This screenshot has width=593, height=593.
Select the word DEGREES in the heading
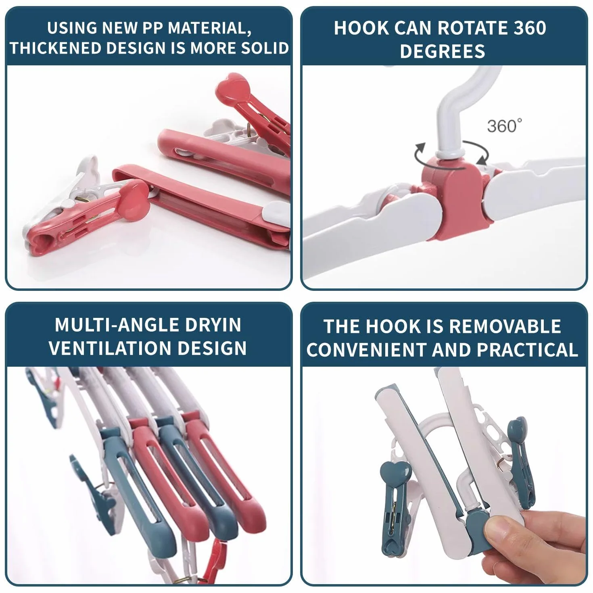pyautogui.click(x=443, y=51)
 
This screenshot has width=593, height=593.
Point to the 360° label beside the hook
pyautogui.click(x=505, y=125)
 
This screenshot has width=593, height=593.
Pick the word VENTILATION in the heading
pyautogui.click(x=110, y=348)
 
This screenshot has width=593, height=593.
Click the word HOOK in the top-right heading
pyautogui.click(x=361, y=28)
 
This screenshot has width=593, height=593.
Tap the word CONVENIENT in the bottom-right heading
pyautogui.click(x=367, y=350)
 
